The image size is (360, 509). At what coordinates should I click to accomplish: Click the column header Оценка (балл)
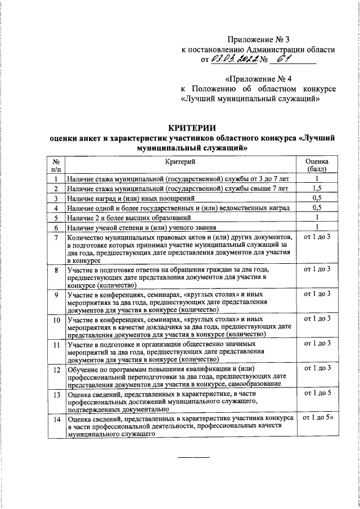pyautogui.click(x=317, y=165)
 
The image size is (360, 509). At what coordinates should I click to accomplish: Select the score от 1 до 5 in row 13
pyautogui.click(x=317, y=394)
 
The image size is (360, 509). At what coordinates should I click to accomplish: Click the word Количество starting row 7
pyautogui.click(x=87, y=238)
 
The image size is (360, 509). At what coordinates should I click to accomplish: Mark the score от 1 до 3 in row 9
pyautogui.click(x=317, y=294)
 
